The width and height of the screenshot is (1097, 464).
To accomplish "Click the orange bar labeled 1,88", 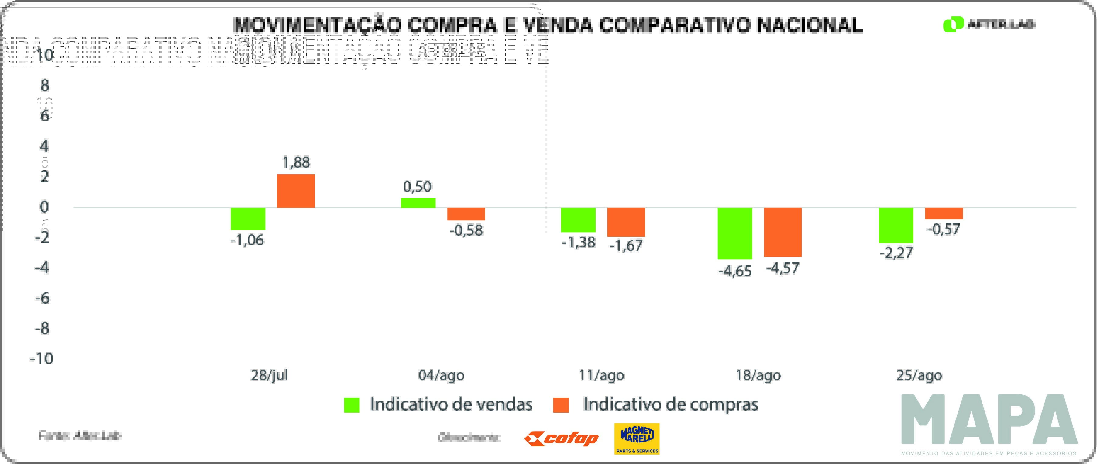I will click(296, 191).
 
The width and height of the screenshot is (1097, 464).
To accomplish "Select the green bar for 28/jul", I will click(248, 219).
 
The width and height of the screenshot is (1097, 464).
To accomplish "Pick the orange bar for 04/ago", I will click(466, 214).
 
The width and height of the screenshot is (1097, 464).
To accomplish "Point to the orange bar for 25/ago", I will click(944, 213).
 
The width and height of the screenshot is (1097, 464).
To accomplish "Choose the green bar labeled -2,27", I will click(896, 225).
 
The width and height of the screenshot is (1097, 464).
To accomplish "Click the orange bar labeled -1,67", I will click(626, 222).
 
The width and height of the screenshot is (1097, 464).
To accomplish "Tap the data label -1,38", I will click(578, 243).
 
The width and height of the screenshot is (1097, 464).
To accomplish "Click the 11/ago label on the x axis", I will click(601, 375).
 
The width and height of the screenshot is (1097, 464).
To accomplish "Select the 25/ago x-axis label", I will click(919, 375).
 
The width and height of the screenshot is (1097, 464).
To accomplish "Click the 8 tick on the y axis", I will click(45, 86).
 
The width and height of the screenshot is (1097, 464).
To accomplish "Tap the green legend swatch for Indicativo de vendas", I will click(352, 405).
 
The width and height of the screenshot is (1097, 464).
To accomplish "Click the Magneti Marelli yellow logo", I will click(637, 438).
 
